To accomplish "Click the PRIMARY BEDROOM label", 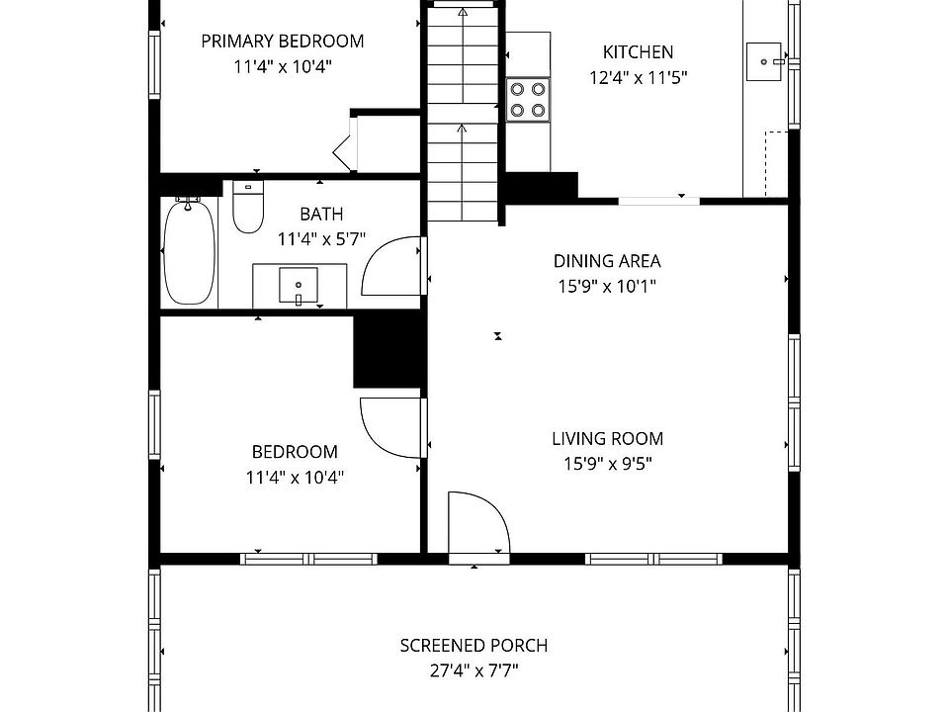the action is coord(283,42).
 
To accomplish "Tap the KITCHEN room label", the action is coord(638,52).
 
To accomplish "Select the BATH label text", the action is coord(321,214).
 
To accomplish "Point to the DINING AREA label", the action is coord(607,261).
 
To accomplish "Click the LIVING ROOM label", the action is coord(608,438).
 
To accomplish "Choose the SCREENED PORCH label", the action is coord(474,646).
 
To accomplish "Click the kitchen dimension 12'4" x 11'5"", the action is coord(639,77).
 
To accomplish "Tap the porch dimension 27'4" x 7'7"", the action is coord(474,670).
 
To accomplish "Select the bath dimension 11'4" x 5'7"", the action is coord(321,239).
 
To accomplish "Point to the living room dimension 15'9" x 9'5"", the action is coord(608,464).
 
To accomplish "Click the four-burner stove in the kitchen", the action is coord(528,100).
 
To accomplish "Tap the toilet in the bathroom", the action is coord(248,207).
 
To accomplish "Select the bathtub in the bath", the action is coord(189,251).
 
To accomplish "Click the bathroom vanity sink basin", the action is coord(299,285).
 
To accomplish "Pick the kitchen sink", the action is coord(764,61).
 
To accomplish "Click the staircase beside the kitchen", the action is coord(463,113).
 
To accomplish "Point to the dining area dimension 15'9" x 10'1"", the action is coord(607,287).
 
